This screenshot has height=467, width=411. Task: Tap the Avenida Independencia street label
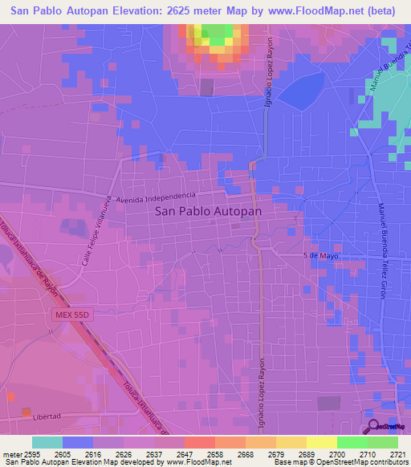click(x=156, y=197)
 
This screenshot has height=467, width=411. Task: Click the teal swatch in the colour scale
click(x=47, y=441)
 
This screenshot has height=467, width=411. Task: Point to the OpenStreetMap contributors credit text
click(x=359, y=461)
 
